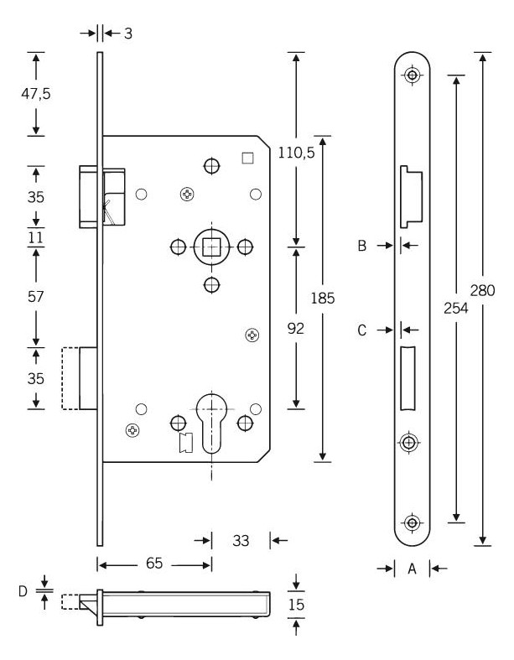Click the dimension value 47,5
pos(36,93)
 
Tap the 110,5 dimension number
pos(296,153)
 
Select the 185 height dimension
pos(323,298)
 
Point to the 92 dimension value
pos(295,328)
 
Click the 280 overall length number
pos(482,290)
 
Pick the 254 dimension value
pos(456,308)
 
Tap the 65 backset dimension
pos(154,564)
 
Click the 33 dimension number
pos(241,540)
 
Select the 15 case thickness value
pos(296,605)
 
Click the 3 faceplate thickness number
pos(128,34)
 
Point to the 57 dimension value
pos(36,297)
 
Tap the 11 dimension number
pos(36,238)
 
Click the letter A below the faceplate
pos(413,569)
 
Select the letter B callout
pos(362,246)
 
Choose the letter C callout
pos(362,330)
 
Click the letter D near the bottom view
pos(23,591)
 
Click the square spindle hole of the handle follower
pos(211,247)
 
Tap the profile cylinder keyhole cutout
pos(211,422)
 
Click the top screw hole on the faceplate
pos(413,75)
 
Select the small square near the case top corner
pos(248,158)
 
